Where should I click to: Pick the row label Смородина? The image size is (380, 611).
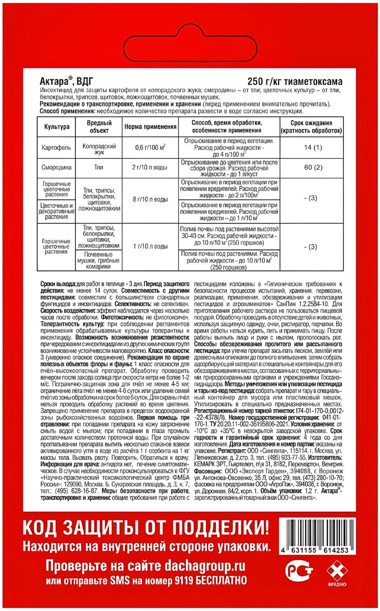click(x=57, y=166)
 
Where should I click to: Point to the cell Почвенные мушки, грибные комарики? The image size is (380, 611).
click(x=97, y=259)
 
